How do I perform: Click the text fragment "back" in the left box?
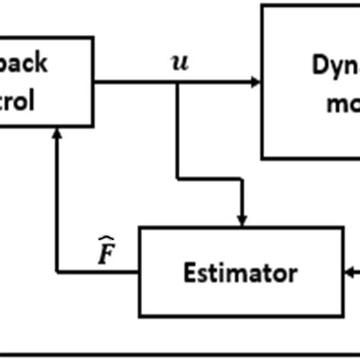click(26, 62)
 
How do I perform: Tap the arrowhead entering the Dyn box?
click(257, 82)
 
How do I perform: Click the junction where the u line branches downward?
click(177, 82)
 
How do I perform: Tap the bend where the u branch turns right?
click(177, 179)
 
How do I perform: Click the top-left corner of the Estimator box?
click(138, 227)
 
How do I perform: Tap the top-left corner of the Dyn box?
click(262, 5)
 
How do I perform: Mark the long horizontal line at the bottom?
click(180, 353)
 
